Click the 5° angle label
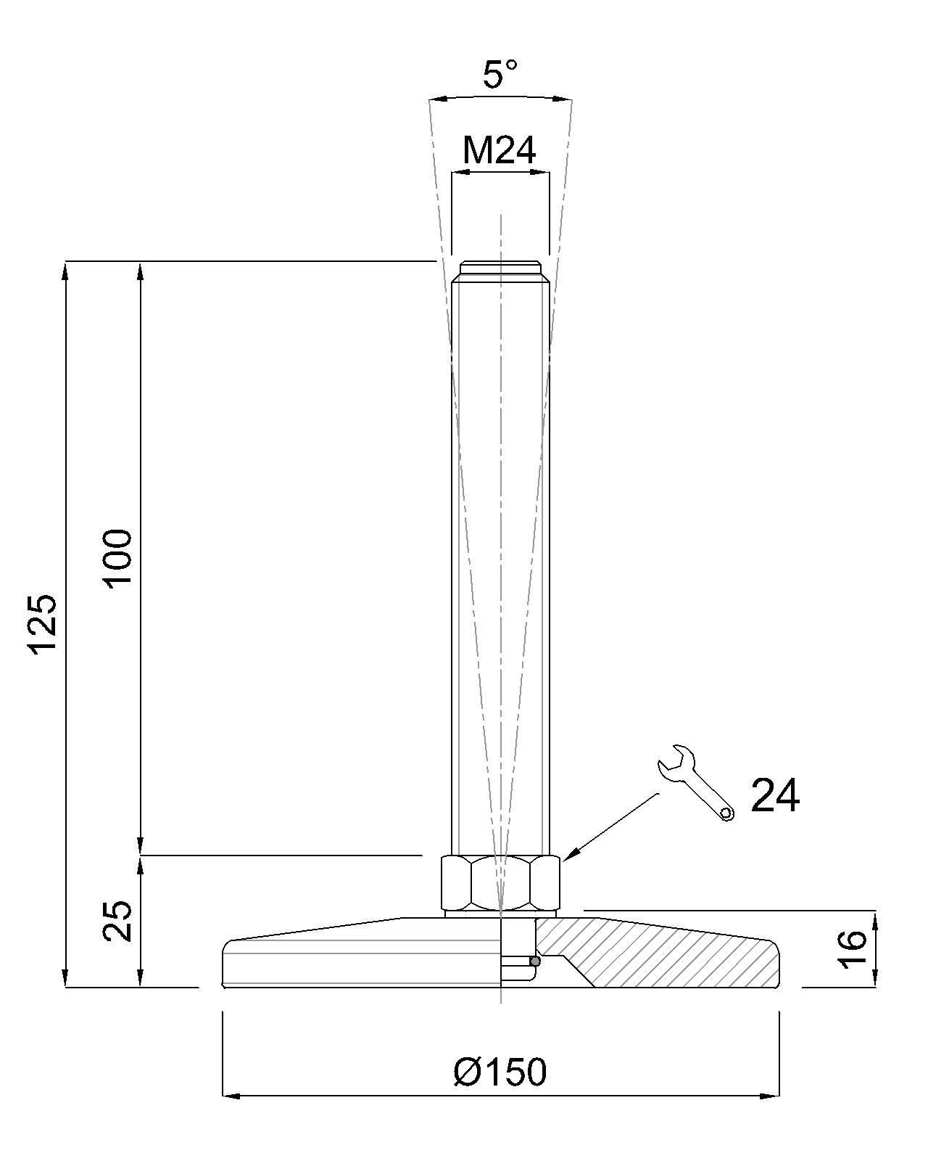(500, 74)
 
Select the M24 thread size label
(500, 151)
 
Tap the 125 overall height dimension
(43, 624)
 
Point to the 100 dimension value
(117, 559)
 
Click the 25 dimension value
(117, 922)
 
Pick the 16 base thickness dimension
(853, 948)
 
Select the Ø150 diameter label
(500, 1072)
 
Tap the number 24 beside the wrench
(775, 796)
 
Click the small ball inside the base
(535, 961)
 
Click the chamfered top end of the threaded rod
(500, 271)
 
